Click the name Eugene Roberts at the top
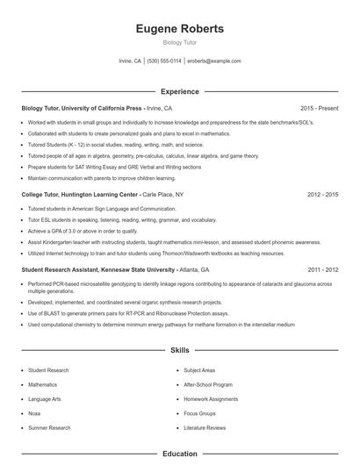(x=180, y=29)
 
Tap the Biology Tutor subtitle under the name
(x=180, y=42)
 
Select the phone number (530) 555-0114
(x=164, y=61)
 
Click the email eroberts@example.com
(x=214, y=61)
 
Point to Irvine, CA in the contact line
(x=130, y=61)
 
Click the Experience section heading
(x=180, y=91)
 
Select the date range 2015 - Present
(x=319, y=108)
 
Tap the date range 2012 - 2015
(x=322, y=194)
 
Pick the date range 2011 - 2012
(x=322, y=269)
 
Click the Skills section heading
(x=180, y=350)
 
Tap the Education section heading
(x=180, y=454)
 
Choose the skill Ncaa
(x=35, y=413)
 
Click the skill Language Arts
(x=44, y=399)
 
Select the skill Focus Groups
(x=200, y=413)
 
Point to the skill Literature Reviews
(x=205, y=427)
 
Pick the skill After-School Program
(x=208, y=384)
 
